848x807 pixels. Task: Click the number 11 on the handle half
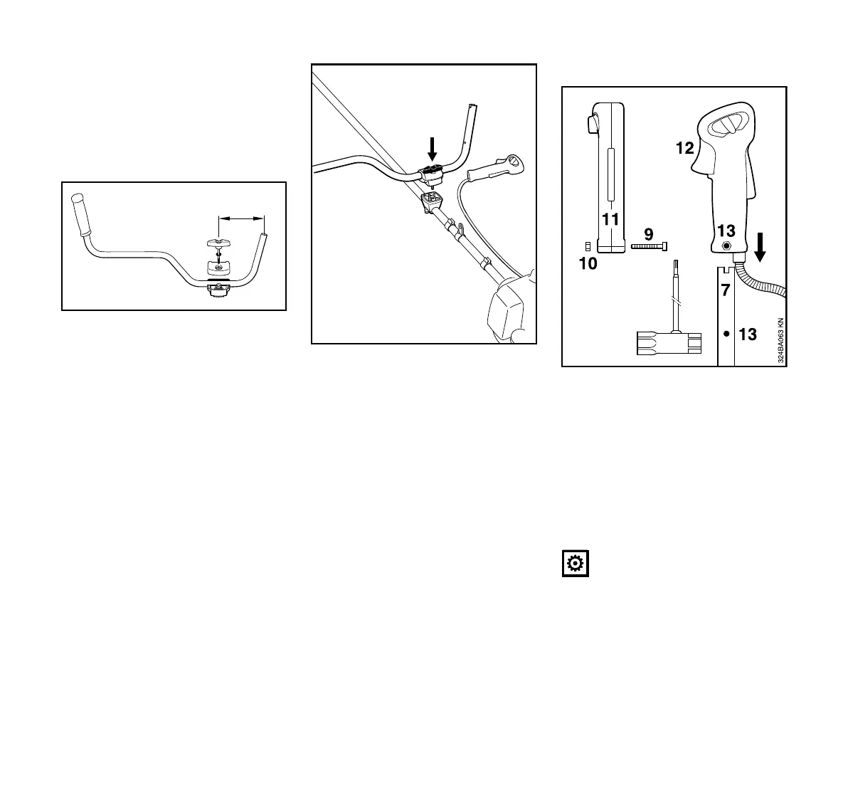click(610, 220)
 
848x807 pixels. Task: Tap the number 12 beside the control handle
click(684, 148)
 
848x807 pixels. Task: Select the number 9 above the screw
click(648, 233)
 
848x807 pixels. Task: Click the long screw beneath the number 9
click(649, 246)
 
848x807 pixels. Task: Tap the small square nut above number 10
click(588, 246)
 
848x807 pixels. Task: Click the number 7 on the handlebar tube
click(725, 290)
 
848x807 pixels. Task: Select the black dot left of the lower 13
click(726, 332)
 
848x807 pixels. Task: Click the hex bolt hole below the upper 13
click(726, 246)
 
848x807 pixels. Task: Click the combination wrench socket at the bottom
click(664, 343)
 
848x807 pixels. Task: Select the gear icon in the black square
click(575, 564)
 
